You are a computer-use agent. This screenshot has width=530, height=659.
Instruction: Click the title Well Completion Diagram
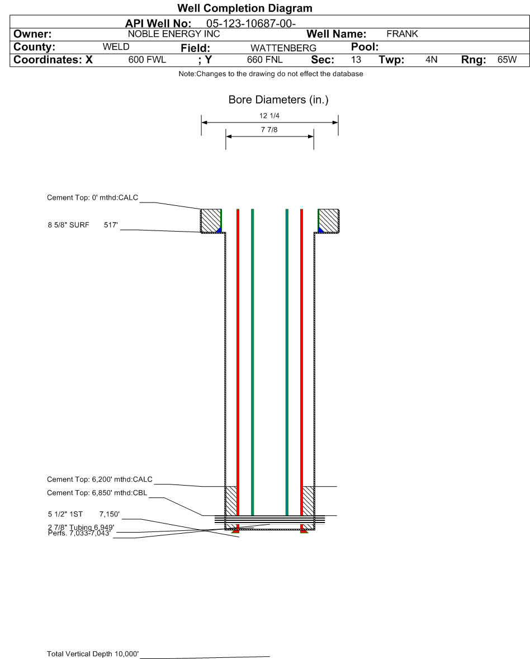pos(244,8)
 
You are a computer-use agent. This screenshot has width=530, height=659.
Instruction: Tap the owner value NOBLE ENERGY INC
pos(174,34)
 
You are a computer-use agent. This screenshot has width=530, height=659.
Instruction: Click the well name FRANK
pos(402,34)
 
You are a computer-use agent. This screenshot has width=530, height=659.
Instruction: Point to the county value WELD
pos(116,47)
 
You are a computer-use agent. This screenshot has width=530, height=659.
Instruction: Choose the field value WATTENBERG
pos(283,48)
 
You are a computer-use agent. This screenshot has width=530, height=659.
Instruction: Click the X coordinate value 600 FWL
pos(147,60)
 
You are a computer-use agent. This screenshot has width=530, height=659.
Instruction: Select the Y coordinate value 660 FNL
pos(266,60)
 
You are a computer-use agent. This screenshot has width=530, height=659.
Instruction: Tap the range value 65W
pos(507,60)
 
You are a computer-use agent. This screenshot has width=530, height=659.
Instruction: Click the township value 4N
pos(431,60)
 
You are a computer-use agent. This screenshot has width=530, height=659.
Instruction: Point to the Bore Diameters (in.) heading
pos(278,100)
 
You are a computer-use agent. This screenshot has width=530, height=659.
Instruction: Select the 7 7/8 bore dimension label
pos(269,130)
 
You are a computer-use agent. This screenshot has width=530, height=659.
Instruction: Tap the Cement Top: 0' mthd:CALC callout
pos(92,197)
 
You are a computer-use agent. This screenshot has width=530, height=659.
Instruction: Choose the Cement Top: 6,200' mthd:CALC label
pos(100,479)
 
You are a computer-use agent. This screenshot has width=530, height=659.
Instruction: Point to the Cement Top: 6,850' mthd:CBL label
pos(97,493)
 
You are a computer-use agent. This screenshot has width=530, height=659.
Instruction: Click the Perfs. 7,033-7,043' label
pos(80,533)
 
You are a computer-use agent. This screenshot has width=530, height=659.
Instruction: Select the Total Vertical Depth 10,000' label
pos(93,654)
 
